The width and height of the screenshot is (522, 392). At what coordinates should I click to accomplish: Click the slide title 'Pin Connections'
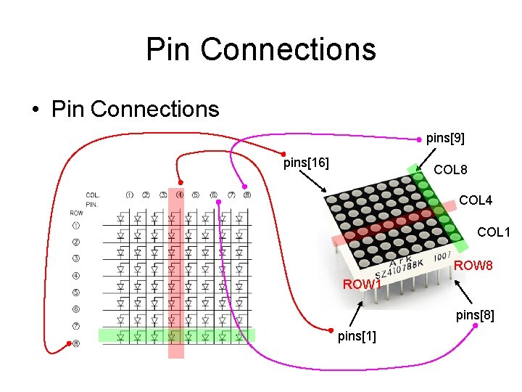[261, 49]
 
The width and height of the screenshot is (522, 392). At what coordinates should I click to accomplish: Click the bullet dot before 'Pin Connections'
[34, 110]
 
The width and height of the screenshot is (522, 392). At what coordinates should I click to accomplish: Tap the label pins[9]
[445, 137]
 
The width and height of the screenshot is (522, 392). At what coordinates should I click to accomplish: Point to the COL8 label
[450, 170]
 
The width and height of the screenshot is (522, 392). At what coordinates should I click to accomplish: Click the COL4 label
[476, 200]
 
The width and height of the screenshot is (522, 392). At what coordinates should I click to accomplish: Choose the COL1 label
[494, 232]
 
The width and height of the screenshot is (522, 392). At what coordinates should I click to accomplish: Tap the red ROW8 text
[473, 266]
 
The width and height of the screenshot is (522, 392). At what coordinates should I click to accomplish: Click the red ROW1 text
[362, 284]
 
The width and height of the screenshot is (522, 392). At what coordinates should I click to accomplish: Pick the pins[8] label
[475, 315]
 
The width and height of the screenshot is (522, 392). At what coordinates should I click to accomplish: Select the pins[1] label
[357, 336]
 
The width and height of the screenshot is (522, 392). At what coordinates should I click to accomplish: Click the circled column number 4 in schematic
[179, 195]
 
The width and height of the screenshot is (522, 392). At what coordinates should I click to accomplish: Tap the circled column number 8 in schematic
[247, 195]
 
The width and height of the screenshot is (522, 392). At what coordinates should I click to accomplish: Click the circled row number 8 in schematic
[76, 343]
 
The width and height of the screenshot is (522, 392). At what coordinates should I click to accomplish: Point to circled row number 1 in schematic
[76, 226]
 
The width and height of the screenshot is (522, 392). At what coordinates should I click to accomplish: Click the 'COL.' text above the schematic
[93, 195]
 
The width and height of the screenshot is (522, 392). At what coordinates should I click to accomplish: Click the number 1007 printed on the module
[442, 256]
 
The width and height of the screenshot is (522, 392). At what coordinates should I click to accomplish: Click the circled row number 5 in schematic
[76, 293]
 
